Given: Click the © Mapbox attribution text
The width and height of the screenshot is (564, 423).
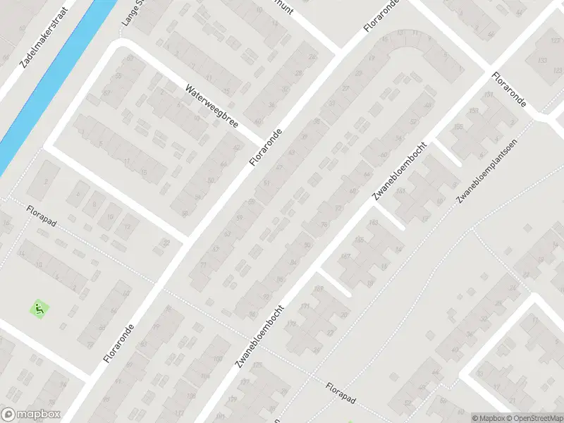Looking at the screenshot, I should [x=486, y=417].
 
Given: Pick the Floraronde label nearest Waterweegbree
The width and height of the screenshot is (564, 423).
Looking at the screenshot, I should [x=266, y=147].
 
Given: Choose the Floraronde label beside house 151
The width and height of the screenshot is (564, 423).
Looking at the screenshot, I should [x=510, y=89].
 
